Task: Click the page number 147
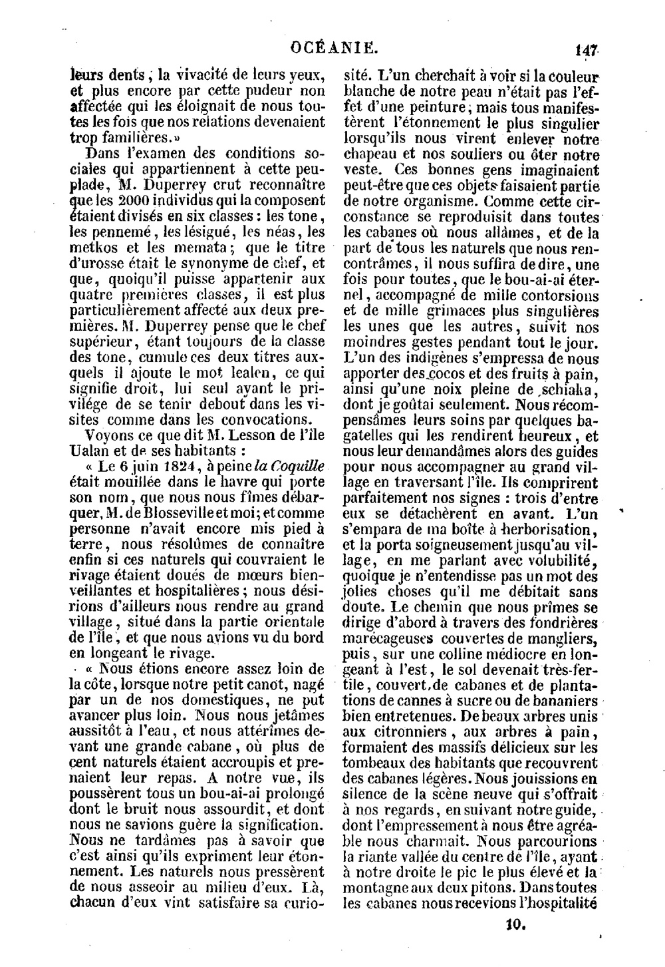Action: coord(589,49)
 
